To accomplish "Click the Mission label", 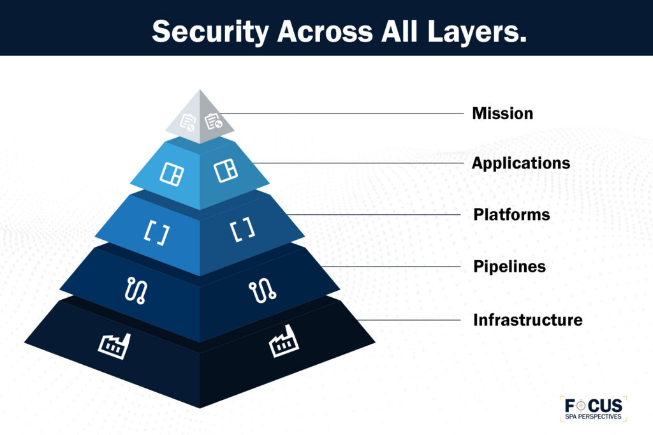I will pos(502,114).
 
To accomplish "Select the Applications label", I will pos(520,163).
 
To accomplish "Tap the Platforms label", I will pos(511,214).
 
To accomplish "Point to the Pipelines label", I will pos(509,266).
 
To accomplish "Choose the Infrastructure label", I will pos(527,320).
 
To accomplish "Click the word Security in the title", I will pos(205,31).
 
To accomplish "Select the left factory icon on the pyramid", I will pos(114,345).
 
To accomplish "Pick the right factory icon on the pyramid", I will pos(284,345).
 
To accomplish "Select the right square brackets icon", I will pos(242,230).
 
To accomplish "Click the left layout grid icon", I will pos(171,172).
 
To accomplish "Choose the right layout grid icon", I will pos(224,171).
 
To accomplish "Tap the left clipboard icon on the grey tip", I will pos(187,122).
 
